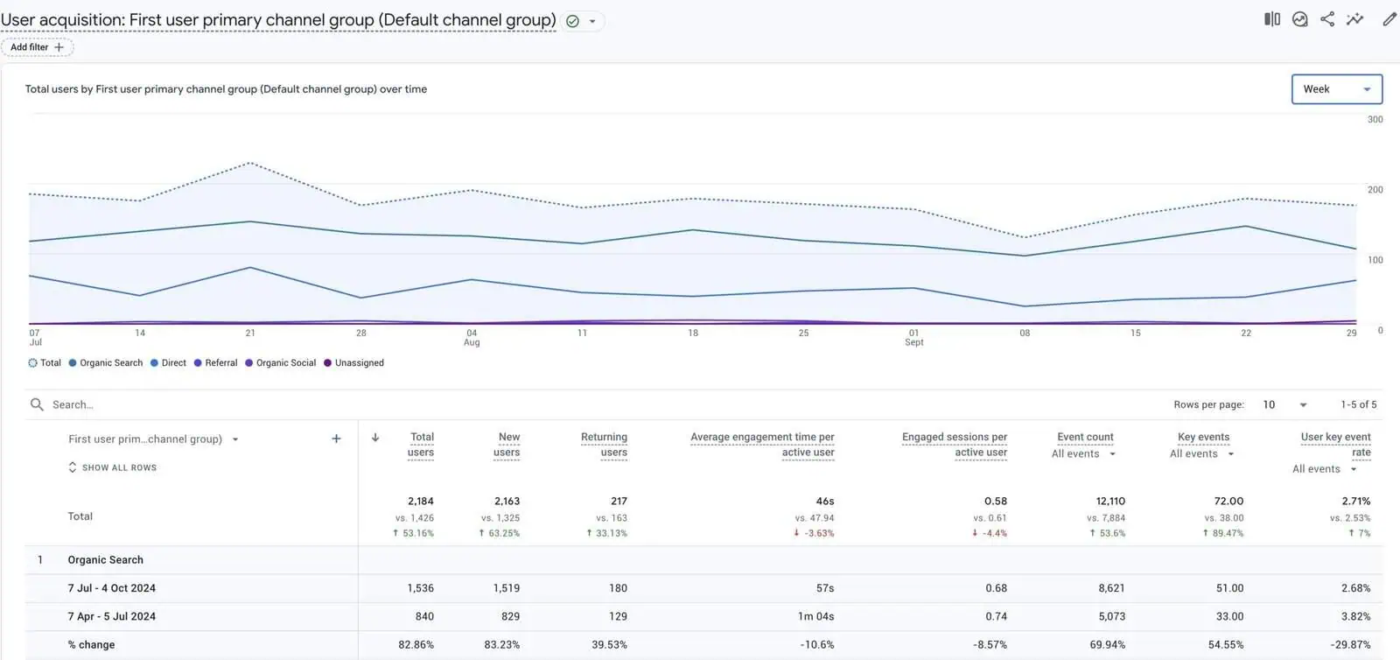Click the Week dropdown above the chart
[x=1336, y=89]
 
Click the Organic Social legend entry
[x=285, y=363]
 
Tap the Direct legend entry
[x=173, y=363]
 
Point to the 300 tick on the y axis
[x=1375, y=120]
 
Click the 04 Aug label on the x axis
[x=472, y=338]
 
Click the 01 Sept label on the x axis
[x=913, y=338]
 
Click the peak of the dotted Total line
[x=250, y=163]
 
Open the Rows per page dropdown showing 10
[x=1284, y=405]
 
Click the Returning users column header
[x=604, y=445]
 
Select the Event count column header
[x=1085, y=438]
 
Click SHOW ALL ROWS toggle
[x=118, y=468]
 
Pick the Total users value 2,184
[x=420, y=502]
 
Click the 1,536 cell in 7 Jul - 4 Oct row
[x=420, y=588]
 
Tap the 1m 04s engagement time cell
[x=815, y=617]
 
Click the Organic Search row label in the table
[x=105, y=560]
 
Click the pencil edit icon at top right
[x=1389, y=19]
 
